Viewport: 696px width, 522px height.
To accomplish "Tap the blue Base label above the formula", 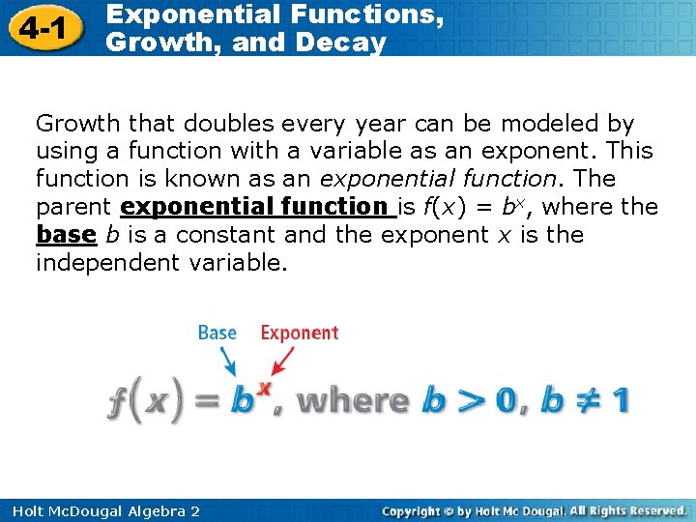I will (217, 333).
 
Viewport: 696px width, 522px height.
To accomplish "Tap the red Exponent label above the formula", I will (300, 333).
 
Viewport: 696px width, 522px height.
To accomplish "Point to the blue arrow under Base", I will (229, 362).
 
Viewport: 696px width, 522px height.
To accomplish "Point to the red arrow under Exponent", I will (281, 362).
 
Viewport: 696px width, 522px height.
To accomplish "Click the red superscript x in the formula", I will (264, 386).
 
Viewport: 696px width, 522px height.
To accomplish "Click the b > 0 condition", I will (474, 400).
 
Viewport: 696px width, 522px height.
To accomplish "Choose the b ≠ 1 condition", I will (586, 400).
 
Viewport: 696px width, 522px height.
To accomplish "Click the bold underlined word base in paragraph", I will (66, 235).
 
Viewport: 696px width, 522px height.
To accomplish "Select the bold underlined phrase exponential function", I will (254, 207).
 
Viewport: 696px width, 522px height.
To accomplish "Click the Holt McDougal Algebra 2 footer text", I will (101, 510).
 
